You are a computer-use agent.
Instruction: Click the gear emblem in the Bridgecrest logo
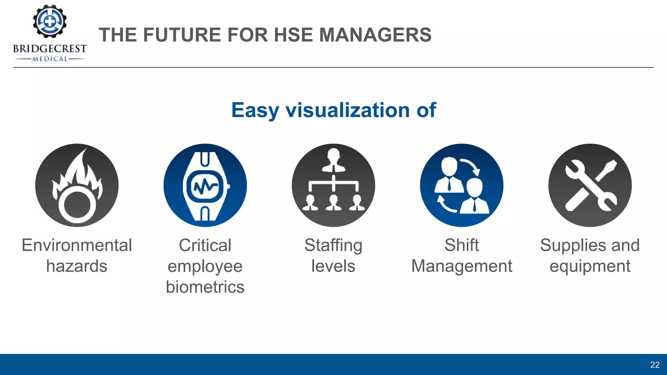(x=50, y=21)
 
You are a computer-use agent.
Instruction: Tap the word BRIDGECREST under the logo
(x=50, y=49)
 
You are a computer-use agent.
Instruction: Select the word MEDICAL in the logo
(x=50, y=59)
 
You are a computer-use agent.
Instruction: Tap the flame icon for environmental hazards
(x=77, y=185)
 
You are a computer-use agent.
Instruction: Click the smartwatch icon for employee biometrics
(x=205, y=185)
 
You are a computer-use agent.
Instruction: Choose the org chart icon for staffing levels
(x=333, y=185)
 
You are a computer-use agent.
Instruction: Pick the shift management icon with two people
(x=461, y=185)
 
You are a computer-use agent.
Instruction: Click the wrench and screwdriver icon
(x=590, y=185)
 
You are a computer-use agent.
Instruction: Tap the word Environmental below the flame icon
(x=77, y=245)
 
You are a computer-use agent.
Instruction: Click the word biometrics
(x=205, y=287)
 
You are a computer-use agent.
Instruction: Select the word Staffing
(x=333, y=246)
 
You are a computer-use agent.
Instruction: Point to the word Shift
(x=461, y=245)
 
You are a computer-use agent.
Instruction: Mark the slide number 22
(x=655, y=365)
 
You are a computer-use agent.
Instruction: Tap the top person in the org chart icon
(x=333, y=160)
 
